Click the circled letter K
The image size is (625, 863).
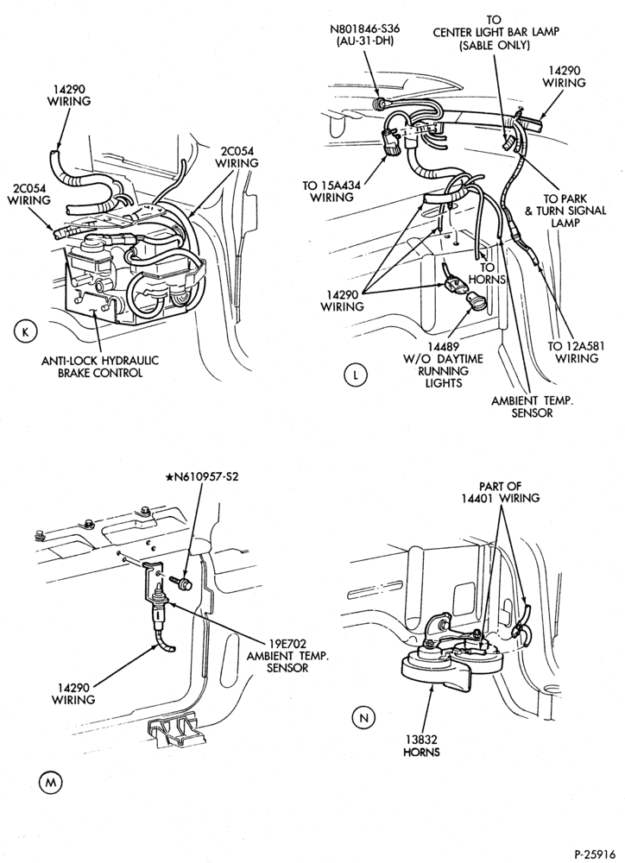tap(24, 331)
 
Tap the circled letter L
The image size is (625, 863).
tap(355, 375)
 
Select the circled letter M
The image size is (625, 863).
tap(51, 782)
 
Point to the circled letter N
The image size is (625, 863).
tap(363, 718)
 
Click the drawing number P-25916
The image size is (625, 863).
tap(594, 854)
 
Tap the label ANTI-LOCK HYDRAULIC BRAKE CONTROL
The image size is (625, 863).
tap(100, 367)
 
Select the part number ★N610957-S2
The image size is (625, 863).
tap(201, 476)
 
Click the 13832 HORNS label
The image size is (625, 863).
tap(421, 746)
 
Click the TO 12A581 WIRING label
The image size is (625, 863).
tap(572, 352)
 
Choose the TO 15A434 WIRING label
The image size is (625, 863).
tap(331, 192)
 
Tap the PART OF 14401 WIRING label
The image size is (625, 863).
tap(501, 492)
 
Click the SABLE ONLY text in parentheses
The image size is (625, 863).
tap(495, 45)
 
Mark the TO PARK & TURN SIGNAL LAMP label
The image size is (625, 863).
tap(565, 211)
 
